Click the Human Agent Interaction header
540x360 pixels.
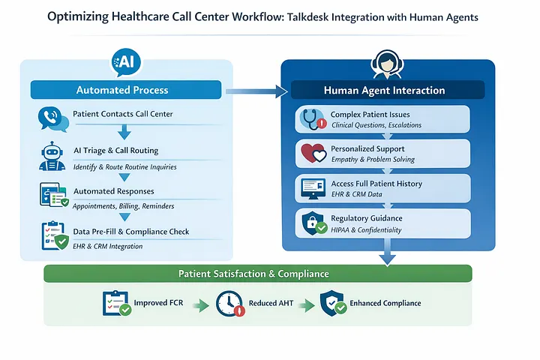[384, 90]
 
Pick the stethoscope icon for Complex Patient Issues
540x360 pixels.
[310, 119]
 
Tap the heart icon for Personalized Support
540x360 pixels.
[310, 154]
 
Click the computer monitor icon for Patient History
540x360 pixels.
[310, 188]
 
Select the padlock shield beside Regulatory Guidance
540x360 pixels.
[310, 223]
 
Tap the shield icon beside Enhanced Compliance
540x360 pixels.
[332, 304]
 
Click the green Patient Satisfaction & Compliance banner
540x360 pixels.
[257, 274]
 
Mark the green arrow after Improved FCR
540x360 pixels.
[199, 305]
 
